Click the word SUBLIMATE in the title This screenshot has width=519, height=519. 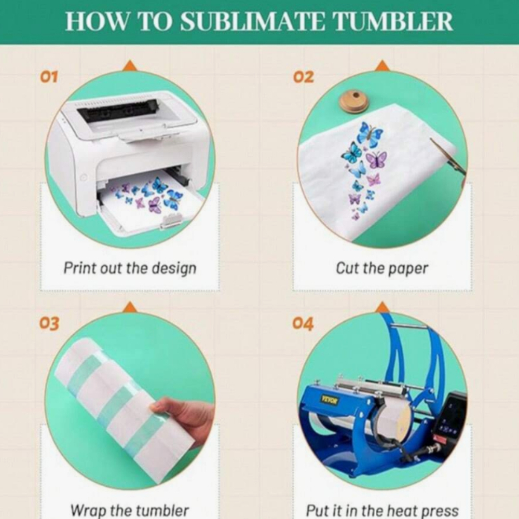click(x=253, y=21)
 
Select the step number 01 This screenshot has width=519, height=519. click(x=49, y=77)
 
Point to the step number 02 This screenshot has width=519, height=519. click(x=303, y=77)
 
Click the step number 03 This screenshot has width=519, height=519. click(x=49, y=323)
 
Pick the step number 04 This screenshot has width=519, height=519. click(x=303, y=323)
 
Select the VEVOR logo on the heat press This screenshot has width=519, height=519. click(x=329, y=400)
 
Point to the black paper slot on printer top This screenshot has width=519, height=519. click(x=117, y=110)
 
